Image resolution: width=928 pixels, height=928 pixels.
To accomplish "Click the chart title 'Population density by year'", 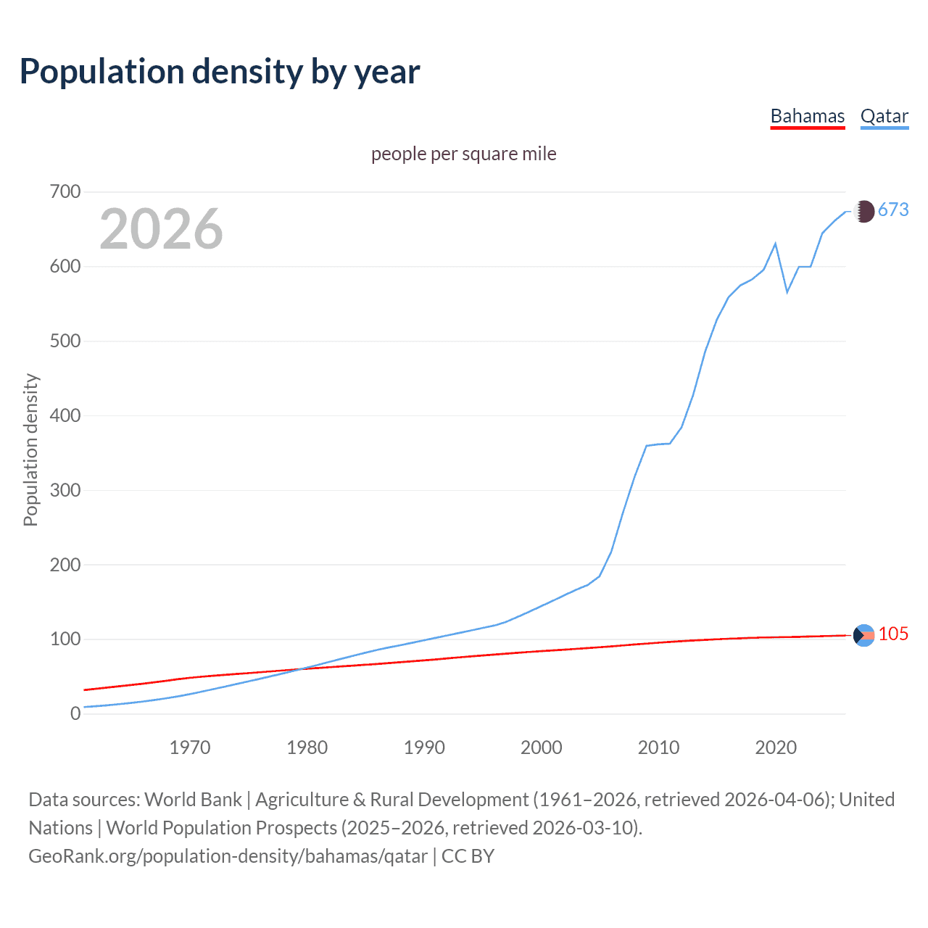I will (x=220, y=71).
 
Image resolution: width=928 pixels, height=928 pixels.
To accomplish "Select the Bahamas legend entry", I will (x=807, y=116).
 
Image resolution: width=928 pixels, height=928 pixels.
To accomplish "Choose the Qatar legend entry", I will (x=884, y=116).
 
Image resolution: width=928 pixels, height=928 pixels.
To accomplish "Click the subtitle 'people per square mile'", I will (x=463, y=154).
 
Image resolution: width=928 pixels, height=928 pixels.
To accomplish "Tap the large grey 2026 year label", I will (x=161, y=229).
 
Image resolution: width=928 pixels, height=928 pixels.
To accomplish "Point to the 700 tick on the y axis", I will (x=65, y=192).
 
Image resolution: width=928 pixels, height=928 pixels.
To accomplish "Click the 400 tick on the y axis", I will (x=65, y=415).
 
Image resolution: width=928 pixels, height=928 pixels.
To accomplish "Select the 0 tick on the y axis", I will (x=75, y=713).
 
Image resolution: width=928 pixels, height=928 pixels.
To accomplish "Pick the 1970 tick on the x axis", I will (x=190, y=747).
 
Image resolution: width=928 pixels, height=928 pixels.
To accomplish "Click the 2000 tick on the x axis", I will (x=541, y=747).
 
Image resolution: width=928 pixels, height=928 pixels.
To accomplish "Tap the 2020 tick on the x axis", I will (x=776, y=747).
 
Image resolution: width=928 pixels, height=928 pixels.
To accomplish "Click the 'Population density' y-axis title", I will (x=30, y=449).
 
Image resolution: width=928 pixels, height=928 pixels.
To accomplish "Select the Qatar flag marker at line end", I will (x=863, y=211).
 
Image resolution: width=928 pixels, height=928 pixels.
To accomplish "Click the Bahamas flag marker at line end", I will (x=863, y=635).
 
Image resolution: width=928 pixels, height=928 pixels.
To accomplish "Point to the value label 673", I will (x=893, y=210).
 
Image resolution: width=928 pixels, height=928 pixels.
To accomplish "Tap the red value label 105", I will (x=893, y=634).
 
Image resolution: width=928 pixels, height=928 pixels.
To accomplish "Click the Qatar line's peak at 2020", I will (x=776, y=244).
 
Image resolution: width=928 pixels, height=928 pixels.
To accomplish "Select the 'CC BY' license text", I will (x=468, y=855).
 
